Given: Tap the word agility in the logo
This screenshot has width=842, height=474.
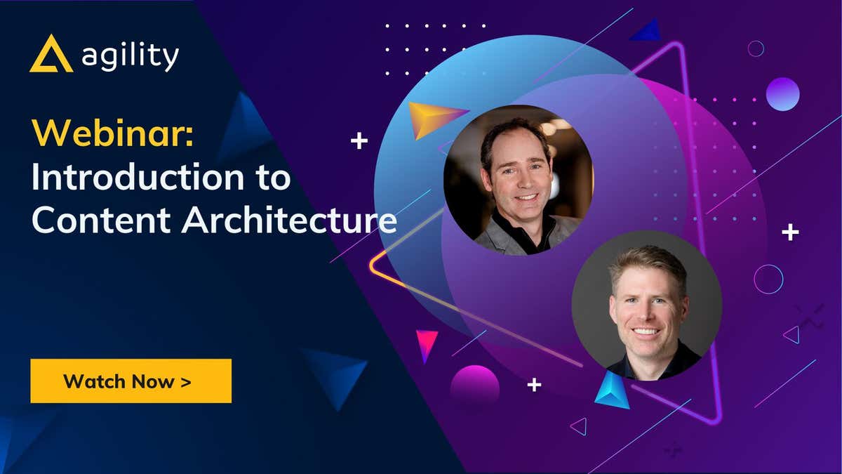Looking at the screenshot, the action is point(130,57).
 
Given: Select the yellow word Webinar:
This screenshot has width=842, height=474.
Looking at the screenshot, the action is point(113,133).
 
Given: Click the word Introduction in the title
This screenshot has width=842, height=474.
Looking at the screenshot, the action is point(138,176).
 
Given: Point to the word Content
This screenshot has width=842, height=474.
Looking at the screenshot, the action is point(102,220).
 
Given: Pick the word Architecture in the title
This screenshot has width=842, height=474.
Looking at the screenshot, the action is point(289,220).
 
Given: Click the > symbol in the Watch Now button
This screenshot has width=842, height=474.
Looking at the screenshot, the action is point(186,382).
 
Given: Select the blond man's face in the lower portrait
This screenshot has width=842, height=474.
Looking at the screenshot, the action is point(648,304).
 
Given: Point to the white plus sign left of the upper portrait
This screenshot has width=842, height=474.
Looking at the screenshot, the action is point(359,141).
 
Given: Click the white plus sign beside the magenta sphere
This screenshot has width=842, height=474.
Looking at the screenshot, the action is point(534,385).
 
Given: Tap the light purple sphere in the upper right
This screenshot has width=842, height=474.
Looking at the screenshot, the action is point(782,94).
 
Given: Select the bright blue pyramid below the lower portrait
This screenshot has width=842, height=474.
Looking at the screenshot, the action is point(612,391).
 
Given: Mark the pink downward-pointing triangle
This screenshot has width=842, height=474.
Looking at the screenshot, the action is point(427,344).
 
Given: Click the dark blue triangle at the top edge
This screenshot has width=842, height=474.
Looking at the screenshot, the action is point(647,31).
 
